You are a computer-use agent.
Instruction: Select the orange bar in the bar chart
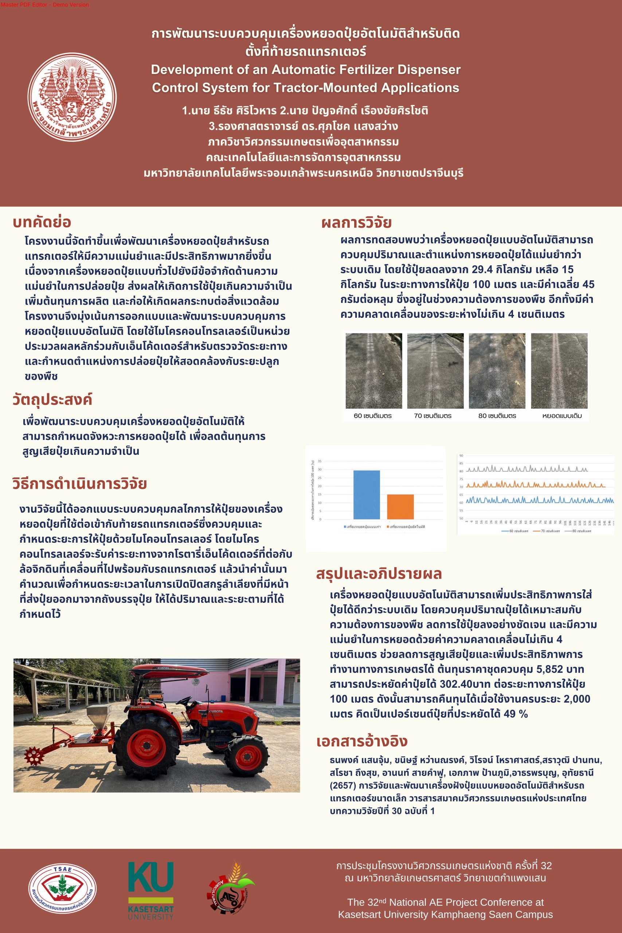(x=400, y=507)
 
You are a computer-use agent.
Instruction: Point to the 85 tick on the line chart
(x=461, y=463)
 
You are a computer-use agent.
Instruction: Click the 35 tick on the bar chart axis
(x=319, y=461)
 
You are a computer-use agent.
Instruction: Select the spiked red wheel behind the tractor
(x=33, y=756)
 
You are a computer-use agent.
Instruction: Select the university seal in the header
(x=72, y=97)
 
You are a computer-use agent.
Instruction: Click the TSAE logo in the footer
(x=62, y=888)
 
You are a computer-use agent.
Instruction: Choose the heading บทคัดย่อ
(x=42, y=222)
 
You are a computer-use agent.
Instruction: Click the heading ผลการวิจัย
(x=356, y=223)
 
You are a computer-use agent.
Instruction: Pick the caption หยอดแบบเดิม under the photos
(x=562, y=416)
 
